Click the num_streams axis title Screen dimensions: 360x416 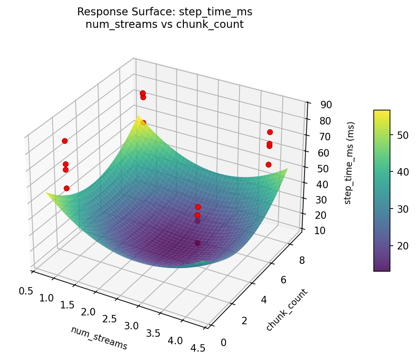99,338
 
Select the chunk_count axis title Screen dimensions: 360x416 286,310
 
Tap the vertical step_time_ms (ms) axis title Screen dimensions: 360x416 351,163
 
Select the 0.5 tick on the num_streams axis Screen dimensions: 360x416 26,291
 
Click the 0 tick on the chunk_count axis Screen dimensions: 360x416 224,343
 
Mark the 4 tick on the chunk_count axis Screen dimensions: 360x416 264,300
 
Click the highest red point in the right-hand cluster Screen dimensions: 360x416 270,132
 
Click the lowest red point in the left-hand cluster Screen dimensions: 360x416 66,188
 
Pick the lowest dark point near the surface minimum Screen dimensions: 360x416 197,243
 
